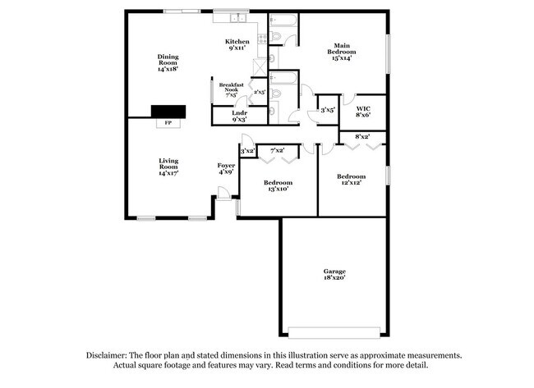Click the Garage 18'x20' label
(334, 275)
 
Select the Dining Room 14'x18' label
(168, 63)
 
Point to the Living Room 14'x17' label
(168, 167)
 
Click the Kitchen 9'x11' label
(237, 45)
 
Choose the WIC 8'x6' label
(362, 112)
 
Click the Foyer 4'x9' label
(226, 169)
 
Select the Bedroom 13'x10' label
(278, 186)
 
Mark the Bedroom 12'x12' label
(351, 180)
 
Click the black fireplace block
(168, 112)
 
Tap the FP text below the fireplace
(168, 123)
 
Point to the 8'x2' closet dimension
(361, 136)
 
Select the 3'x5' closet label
(328, 109)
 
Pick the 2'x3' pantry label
(259, 92)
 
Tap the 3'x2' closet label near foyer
(247, 151)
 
